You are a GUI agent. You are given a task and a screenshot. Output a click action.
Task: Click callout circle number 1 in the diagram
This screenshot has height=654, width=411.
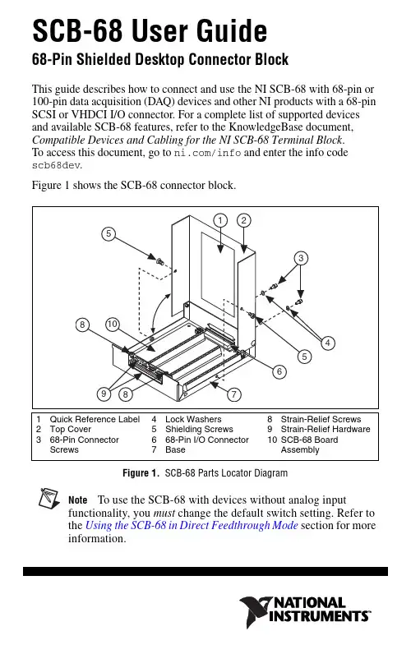pyautogui.click(x=220, y=220)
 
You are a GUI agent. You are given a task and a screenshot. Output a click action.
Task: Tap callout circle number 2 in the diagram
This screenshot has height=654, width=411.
pyautogui.click(x=243, y=220)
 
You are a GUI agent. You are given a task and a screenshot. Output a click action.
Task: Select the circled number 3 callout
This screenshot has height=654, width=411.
pyautogui.click(x=301, y=258)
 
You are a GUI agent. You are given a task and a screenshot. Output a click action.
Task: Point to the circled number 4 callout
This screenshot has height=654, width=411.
pyautogui.click(x=327, y=343)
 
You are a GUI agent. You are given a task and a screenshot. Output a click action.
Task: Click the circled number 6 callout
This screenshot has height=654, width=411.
pyautogui.click(x=279, y=371)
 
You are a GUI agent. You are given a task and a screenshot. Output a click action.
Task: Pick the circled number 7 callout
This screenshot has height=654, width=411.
pyautogui.click(x=234, y=394)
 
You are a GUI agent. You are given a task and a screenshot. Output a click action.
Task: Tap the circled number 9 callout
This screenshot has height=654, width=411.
pyautogui.click(x=104, y=394)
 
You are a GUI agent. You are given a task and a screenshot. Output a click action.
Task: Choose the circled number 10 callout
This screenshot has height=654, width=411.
pyautogui.click(x=113, y=324)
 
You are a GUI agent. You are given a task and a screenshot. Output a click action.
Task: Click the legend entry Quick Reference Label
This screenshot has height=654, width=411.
pyautogui.click(x=95, y=419)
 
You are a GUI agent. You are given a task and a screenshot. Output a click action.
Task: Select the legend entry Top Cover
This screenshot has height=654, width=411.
pyautogui.click(x=70, y=429)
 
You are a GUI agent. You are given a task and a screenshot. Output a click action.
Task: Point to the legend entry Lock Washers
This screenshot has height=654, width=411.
pyautogui.click(x=193, y=419)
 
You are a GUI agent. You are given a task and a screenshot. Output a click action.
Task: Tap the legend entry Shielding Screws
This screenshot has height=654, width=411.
pyautogui.click(x=199, y=429)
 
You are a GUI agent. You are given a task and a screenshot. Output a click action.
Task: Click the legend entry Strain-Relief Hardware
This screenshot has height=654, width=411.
pyautogui.click(x=326, y=429)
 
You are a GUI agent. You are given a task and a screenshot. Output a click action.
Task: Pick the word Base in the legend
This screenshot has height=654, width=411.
pyautogui.click(x=175, y=449)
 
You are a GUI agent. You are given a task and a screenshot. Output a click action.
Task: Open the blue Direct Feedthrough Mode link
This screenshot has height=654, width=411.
pyautogui.click(x=192, y=525)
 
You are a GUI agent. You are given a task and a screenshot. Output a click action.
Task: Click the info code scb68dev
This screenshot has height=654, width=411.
pyautogui.click(x=56, y=165)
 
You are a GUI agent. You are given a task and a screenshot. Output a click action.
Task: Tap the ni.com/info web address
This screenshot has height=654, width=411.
pyautogui.click(x=207, y=153)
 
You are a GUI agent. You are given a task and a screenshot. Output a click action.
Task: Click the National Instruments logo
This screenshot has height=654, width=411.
pyautogui.click(x=305, y=612)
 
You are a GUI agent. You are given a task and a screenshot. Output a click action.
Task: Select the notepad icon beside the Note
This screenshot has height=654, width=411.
pyautogui.click(x=49, y=499)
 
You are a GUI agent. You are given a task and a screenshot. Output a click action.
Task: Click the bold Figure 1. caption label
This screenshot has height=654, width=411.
pyautogui.click(x=141, y=473)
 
